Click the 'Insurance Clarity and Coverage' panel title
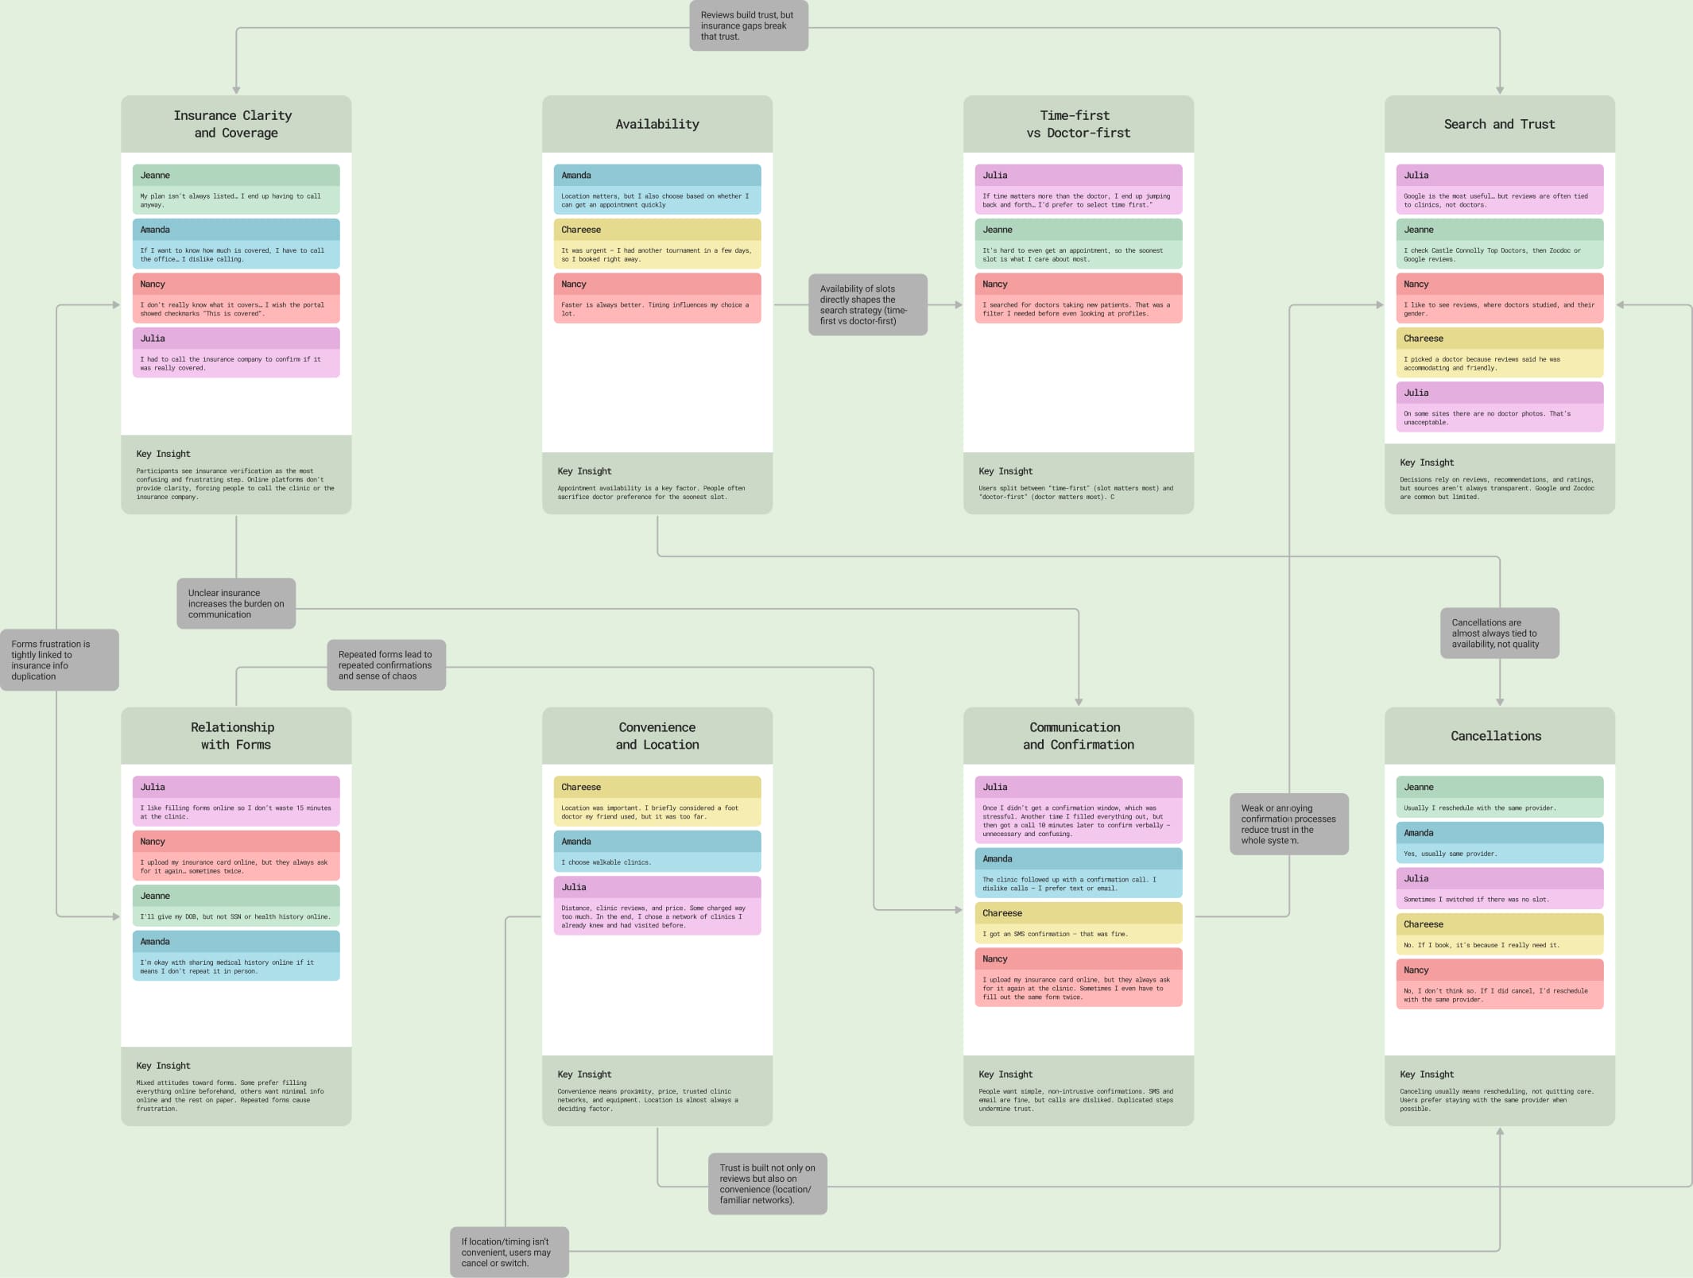click(x=233, y=124)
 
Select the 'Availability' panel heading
click(x=657, y=124)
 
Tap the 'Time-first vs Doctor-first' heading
click(x=1078, y=124)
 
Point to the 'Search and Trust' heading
click(x=1499, y=124)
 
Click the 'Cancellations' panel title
click(x=1496, y=736)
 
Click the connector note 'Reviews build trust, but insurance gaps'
click(x=748, y=25)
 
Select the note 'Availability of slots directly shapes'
click(x=867, y=305)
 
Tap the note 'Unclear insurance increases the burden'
click(x=236, y=604)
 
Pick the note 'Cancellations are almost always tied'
click(x=1499, y=633)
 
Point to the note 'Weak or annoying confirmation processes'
click(x=1288, y=824)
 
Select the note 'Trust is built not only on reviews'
click(x=767, y=1184)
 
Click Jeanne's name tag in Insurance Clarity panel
click(x=156, y=176)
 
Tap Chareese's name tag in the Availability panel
click(x=581, y=230)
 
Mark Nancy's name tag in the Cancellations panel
click(x=1416, y=970)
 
